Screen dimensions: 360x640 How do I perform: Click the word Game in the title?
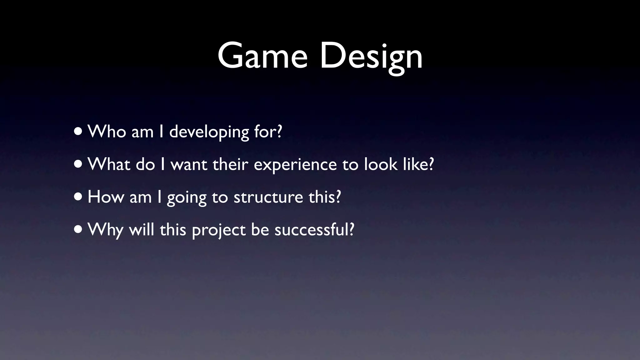262,56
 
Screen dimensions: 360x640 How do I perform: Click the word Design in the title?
371,56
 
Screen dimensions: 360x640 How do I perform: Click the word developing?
209,132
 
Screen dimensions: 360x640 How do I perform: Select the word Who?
107,131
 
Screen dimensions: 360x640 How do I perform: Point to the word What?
109,164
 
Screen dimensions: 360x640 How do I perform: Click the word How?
106,197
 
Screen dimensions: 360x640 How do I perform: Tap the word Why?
105,230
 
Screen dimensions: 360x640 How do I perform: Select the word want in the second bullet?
189,165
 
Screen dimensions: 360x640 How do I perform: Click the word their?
230,164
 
